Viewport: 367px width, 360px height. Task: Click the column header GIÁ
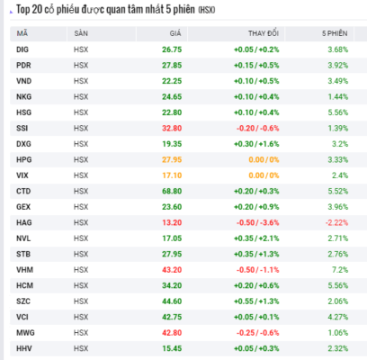click(x=175, y=33)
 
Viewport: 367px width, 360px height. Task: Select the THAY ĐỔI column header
click(x=264, y=33)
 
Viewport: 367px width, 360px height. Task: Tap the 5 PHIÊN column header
click(x=335, y=33)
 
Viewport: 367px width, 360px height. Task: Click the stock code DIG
click(x=22, y=49)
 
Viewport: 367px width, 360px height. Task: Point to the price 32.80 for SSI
click(x=172, y=128)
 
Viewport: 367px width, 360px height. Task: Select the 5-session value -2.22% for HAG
click(x=336, y=222)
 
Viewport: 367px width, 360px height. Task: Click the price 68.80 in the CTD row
click(x=172, y=191)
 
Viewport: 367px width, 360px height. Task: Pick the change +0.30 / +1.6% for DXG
click(x=256, y=144)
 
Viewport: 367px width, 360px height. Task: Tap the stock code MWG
click(x=25, y=333)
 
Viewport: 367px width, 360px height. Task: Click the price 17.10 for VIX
click(x=172, y=175)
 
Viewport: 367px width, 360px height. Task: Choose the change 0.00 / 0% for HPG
click(x=264, y=159)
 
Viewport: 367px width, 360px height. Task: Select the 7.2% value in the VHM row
click(x=340, y=270)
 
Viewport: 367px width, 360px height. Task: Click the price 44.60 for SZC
click(x=172, y=301)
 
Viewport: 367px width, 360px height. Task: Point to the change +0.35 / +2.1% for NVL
click(x=256, y=238)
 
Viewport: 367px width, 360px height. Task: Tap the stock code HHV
click(x=24, y=348)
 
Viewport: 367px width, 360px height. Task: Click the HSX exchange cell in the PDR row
click(x=81, y=66)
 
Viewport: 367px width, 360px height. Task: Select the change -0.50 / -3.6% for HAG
click(x=257, y=222)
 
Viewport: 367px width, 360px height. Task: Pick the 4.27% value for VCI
click(x=338, y=317)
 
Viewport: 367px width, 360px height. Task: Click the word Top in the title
click(x=22, y=10)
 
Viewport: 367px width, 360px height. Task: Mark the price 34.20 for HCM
click(x=172, y=285)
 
